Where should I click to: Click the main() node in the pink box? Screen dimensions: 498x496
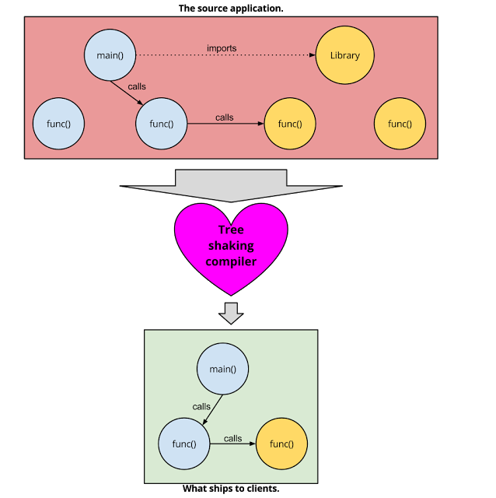pos(110,55)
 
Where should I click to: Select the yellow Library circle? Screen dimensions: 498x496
pos(344,55)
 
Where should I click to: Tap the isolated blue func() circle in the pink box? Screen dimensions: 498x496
pos(58,124)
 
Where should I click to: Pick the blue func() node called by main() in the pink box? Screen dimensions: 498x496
pos(161,124)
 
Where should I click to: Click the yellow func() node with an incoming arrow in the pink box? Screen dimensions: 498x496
pos(289,124)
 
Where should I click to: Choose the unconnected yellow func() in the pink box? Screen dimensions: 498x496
pos(400,124)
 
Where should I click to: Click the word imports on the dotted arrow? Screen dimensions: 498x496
pos(222,48)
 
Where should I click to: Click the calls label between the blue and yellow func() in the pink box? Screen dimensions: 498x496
pos(225,117)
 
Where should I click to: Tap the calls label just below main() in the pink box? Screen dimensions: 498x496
pos(136,86)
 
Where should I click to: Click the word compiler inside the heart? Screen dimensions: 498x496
pos(230,262)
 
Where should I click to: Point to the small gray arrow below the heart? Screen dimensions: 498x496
pos(231,313)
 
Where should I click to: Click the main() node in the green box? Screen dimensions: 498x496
pos(223,369)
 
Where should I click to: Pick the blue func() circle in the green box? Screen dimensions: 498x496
pos(184,444)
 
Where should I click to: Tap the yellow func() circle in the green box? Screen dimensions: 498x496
pos(281,444)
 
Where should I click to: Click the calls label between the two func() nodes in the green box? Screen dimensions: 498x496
pos(232,438)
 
